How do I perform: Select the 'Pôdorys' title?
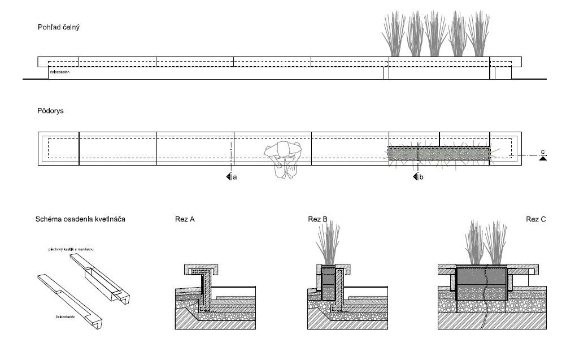click(x=50, y=111)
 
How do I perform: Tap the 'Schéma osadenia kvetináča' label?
click(x=80, y=219)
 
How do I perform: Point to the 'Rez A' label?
click(x=185, y=219)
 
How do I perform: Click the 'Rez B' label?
click(x=313, y=219)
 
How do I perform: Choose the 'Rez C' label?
click(x=536, y=219)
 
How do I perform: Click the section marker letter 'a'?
click(x=234, y=177)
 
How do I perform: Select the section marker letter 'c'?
click(x=543, y=151)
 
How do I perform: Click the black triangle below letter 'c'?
click(x=543, y=159)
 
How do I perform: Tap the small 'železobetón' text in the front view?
click(x=59, y=72)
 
